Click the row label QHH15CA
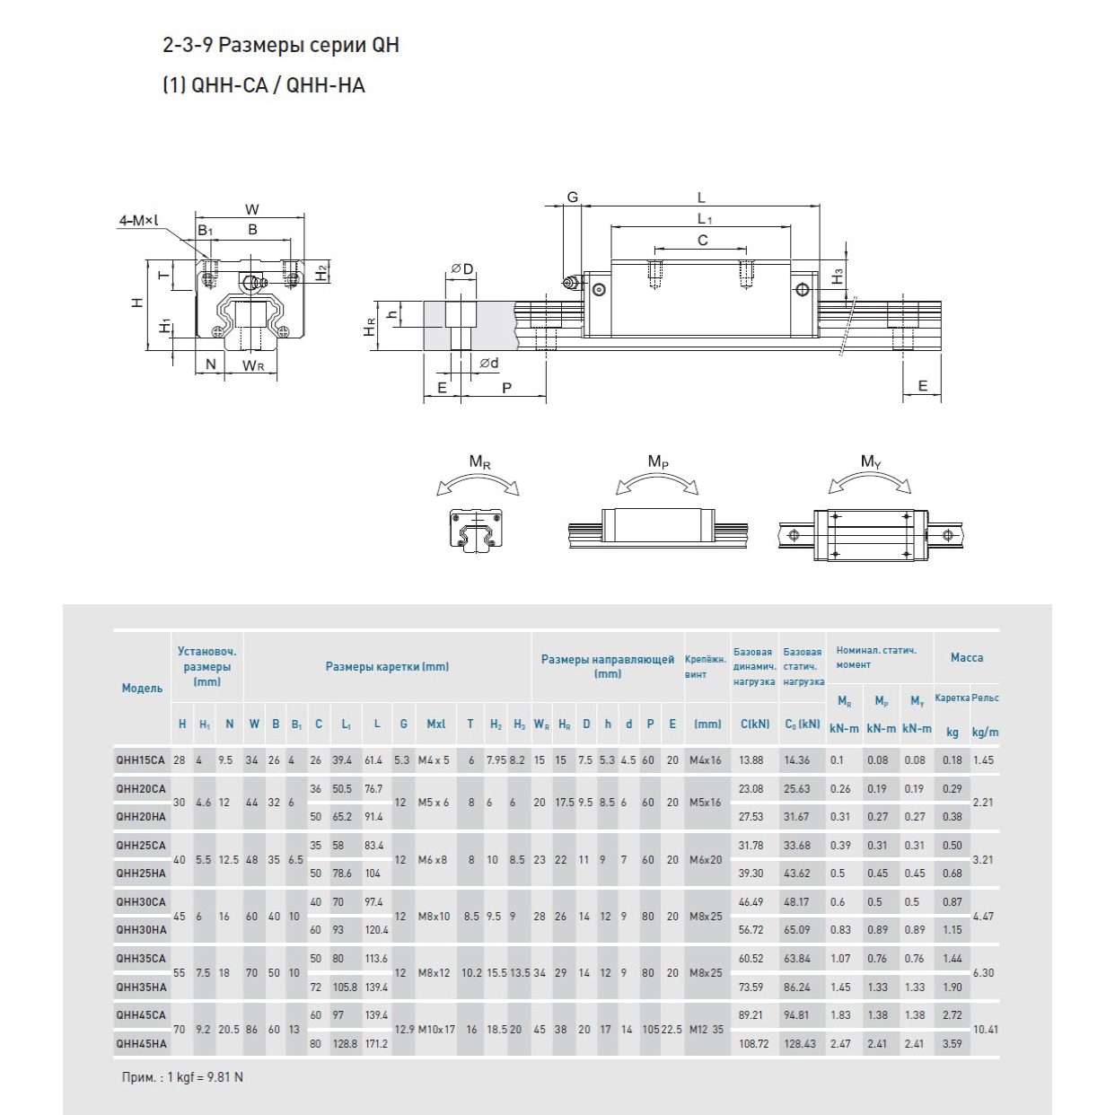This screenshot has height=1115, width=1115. point(141,760)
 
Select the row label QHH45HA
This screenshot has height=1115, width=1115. point(141,1043)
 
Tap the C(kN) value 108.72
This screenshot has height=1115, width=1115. point(753,1043)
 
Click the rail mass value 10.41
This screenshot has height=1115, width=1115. point(986,1029)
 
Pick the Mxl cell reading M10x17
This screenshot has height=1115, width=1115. point(436,1029)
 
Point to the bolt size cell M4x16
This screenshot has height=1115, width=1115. point(705,760)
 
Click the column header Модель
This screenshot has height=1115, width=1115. point(142,689)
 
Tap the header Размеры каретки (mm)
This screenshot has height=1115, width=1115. point(387,667)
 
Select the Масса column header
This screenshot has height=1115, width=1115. point(966,657)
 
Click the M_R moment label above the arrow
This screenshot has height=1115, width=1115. point(480,462)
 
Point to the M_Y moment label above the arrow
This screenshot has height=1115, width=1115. point(870,461)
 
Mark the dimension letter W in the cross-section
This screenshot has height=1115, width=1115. point(252,210)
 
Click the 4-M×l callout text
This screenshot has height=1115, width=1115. point(137,219)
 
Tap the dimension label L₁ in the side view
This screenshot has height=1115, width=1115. point(704,218)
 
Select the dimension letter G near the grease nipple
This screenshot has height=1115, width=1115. point(573,198)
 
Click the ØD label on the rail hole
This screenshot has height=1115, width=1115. point(462,269)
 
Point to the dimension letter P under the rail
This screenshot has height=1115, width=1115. point(506,387)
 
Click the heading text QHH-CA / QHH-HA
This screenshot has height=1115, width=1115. point(265,86)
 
